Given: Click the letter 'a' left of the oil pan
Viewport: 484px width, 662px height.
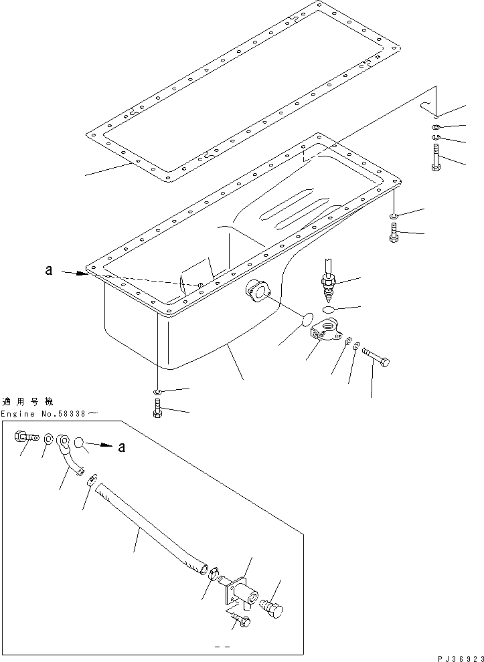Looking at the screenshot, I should [48, 271].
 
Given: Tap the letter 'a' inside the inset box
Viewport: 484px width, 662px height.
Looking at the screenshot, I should [121, 448].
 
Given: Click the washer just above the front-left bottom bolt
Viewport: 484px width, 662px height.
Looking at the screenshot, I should [157, 391].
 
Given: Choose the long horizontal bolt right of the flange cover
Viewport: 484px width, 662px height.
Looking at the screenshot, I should [376, 360].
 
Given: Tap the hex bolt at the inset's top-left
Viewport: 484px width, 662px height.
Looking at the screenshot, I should [21, 437].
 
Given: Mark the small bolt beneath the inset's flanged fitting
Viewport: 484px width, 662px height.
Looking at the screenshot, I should [241, 621].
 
